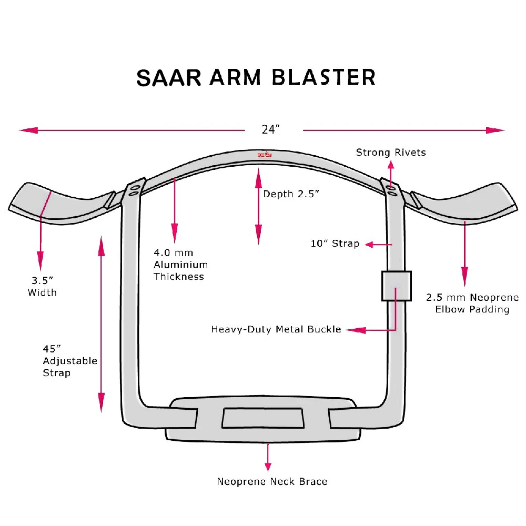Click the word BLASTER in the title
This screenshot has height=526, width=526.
click(x=324, y=77)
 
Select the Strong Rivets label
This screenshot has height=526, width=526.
click(x=391, y=153)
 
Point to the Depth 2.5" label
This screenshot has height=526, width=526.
click(x=291, y=194)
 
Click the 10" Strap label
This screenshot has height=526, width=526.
click(x=335, y=244)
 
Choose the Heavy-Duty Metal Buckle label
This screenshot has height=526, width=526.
click(x=276, y=329)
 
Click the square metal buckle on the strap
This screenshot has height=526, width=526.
click(x=396, y=286)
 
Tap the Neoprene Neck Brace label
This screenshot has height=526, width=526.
click(x=272, y=481)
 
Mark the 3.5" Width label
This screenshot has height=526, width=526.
click(x=42, y=287)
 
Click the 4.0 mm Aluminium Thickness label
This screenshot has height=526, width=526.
click(x=180, y=265)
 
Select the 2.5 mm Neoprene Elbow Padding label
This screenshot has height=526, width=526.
click(x=472, y=303)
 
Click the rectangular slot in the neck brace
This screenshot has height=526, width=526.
click(x=263, y=418)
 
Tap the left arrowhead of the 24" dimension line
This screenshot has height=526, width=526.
click(x=27, y=130)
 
